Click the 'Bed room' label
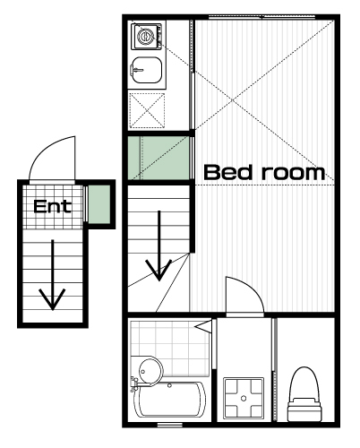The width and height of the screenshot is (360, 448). click(x=264, y=172)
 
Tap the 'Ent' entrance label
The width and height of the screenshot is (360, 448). click(x=53, y=206)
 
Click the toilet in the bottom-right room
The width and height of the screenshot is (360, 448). click(x=304, y=394)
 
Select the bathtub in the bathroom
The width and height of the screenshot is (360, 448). click(x=169, y=400)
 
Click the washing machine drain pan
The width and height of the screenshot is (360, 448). click(x=244, y=398)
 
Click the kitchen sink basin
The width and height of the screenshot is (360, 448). click(x=147, y=70)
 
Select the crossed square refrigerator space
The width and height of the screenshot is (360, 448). click(x=147, y=110)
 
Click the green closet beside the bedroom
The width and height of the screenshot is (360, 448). click(x=159, y=158)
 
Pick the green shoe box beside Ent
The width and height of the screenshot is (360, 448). click(x=99, y=203)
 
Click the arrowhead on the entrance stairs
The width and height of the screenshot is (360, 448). click(x=52, y=299)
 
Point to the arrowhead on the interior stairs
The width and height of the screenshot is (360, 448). click(x=159, y=271)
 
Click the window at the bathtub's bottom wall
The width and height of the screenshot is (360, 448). click(x=169, y=425)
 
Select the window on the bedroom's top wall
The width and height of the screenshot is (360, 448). click(x=261, y=17)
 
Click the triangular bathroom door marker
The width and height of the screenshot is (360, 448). click(x=203, y=325)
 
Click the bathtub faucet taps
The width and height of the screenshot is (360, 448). click(x=133, y=384)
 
